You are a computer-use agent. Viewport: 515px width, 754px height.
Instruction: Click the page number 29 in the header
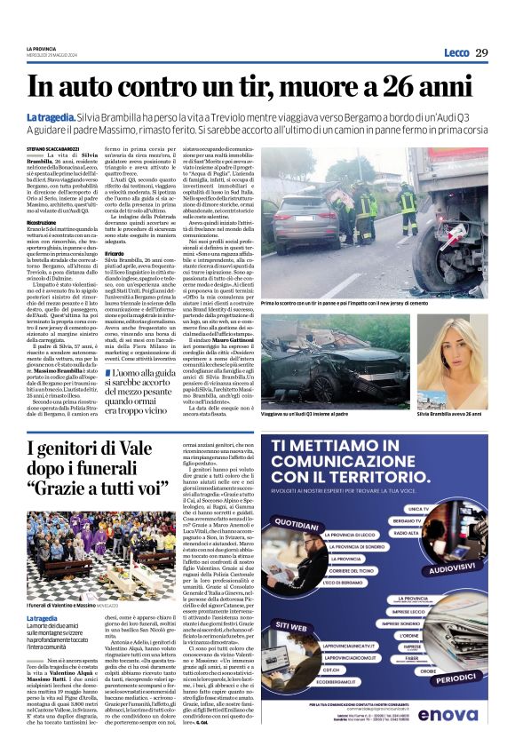pos(482,52)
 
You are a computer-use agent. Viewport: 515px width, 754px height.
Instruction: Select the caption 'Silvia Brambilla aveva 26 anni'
pos(451,389)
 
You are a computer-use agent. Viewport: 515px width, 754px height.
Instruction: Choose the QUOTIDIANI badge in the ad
pos(305,523)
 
